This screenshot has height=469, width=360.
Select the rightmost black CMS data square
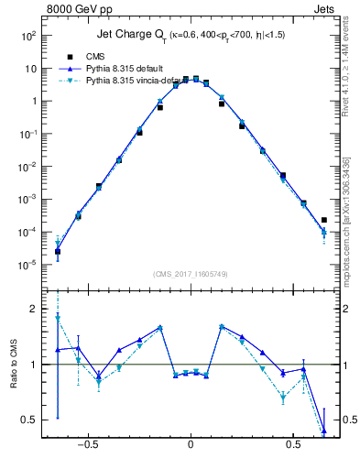click(324, 220)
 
